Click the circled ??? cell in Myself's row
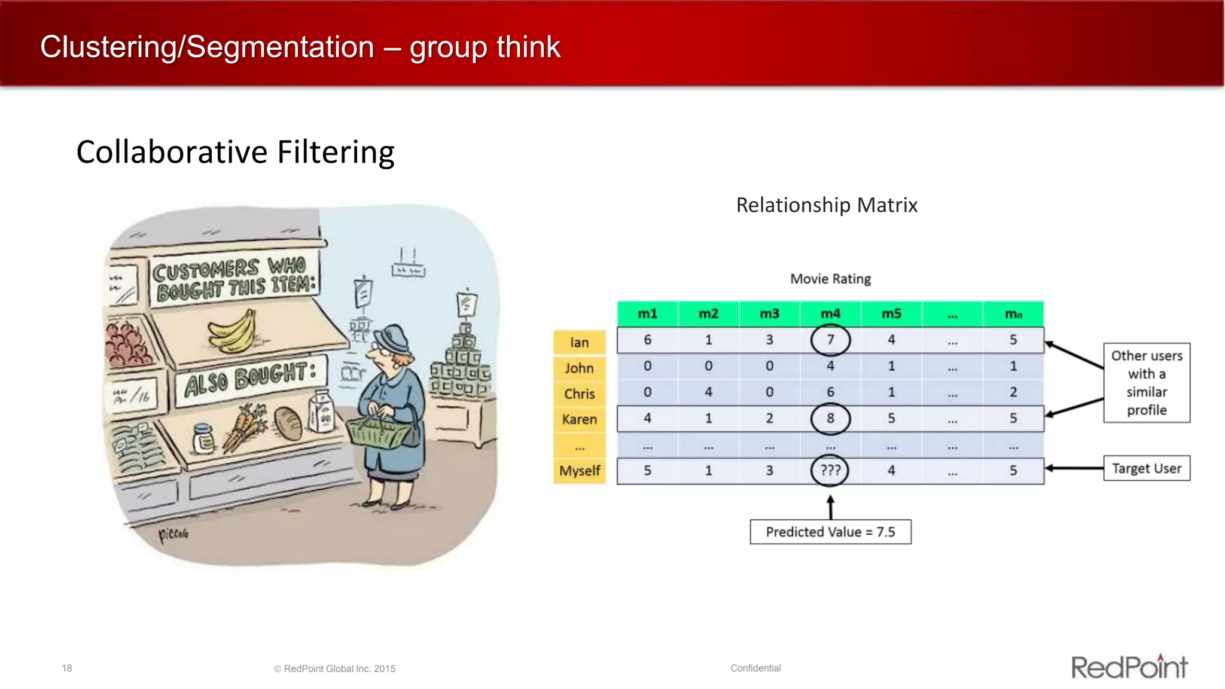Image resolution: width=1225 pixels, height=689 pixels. coord(830,470)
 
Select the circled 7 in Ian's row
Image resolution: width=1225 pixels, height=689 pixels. coord(830,340)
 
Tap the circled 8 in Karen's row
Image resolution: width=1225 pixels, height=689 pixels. coord(830,418)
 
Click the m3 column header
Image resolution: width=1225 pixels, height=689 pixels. coord(769,314)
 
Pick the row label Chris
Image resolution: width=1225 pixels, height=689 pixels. coord(579,394)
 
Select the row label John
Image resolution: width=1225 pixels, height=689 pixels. coord(579,368)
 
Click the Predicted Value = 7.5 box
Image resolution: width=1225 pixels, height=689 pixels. coord(830,532)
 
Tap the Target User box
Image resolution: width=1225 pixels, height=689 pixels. coord(1146,468)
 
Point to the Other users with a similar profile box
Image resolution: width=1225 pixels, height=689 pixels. coord(1146,383)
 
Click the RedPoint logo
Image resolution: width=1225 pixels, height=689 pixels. coord(1129,667)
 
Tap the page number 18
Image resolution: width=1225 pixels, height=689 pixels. coord(67,668)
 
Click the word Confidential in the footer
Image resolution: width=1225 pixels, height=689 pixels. coord(755,668)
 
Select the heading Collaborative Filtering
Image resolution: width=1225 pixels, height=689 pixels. coord(235,152)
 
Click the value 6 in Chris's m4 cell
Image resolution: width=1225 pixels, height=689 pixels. coord(830,392)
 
